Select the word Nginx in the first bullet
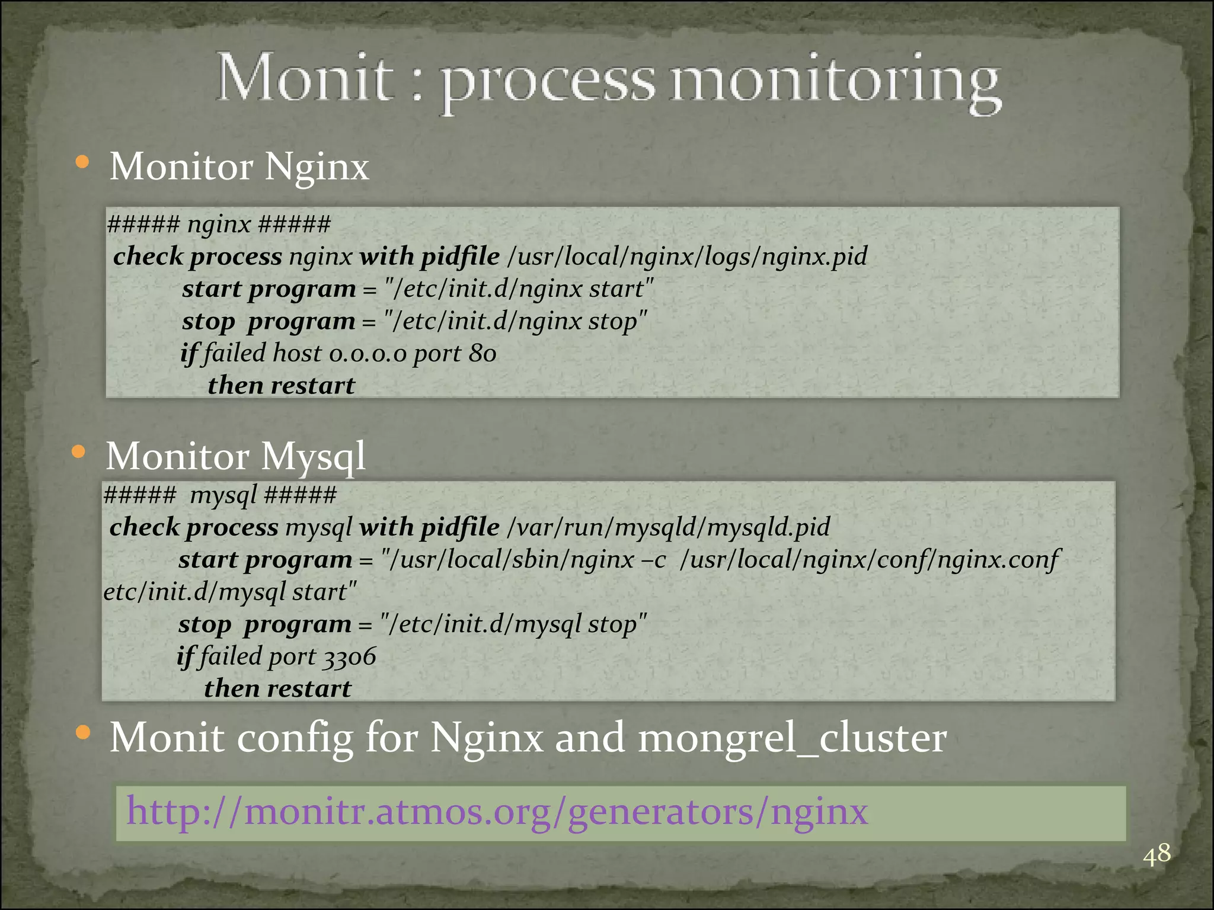point(317,166)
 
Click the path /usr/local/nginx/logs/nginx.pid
point(687,256)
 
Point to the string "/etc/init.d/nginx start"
point(518,289)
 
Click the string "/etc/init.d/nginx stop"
point(515,321)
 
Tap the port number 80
point(482,353)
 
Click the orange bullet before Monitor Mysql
point(78,453)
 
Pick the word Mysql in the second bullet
point(313,457)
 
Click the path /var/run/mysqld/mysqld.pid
point(668,527)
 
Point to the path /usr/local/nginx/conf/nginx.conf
point(869,559)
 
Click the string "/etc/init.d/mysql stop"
point(513,624)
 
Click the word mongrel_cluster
point(792,738)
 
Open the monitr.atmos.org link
point(497,811)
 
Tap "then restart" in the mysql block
point(277,688)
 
